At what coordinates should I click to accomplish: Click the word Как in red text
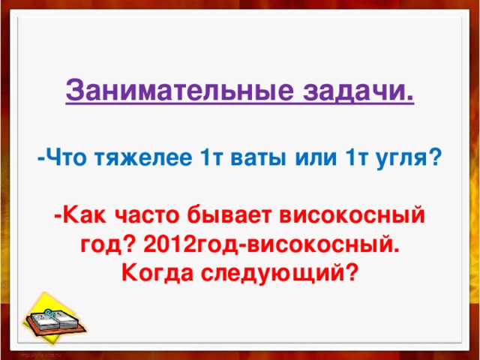point(86,216)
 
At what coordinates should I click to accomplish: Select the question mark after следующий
point(350,271)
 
